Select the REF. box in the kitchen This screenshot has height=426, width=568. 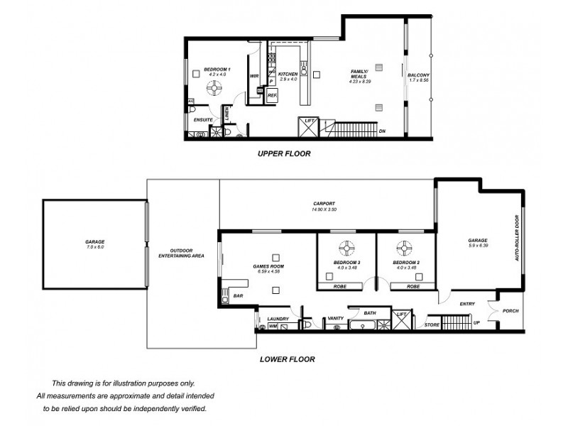[x=272, y=94]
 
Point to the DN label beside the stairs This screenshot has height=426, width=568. [x=382, y=132]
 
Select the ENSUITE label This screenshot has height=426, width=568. [x=204, y=120]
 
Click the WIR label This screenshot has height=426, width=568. [x=253, y=76]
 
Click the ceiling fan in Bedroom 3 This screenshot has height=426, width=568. [x=346, y=248]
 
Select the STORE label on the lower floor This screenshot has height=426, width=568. [x=432, y=324]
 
